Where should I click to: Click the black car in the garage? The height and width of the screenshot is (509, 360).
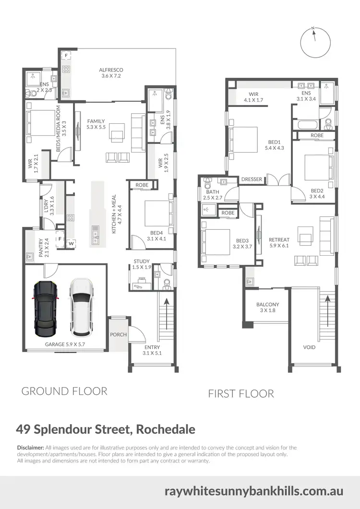coord(45,308)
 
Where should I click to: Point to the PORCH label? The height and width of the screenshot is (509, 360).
coord(118,334)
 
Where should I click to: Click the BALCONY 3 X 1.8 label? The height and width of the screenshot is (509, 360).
coord(267,308)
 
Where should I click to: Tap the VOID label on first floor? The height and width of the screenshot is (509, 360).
coord(310,347)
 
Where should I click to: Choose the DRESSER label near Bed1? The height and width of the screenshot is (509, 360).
coord(252,179)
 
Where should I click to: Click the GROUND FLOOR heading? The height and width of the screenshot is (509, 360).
coord(64,391)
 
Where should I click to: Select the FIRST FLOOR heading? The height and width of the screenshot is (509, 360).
coord(240,394)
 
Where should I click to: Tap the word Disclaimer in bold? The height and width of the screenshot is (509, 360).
coord(30,448)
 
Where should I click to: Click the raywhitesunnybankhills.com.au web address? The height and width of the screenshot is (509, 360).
coord(253,491)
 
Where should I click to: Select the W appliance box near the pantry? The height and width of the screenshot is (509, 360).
coord(71,243)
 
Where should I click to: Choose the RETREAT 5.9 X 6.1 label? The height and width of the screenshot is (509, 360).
coord(278,242)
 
